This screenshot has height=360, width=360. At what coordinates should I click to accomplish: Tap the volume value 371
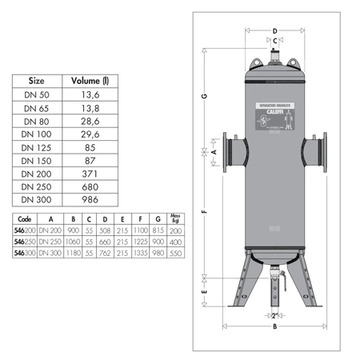90,173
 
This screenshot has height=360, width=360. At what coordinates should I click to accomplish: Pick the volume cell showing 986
90,199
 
